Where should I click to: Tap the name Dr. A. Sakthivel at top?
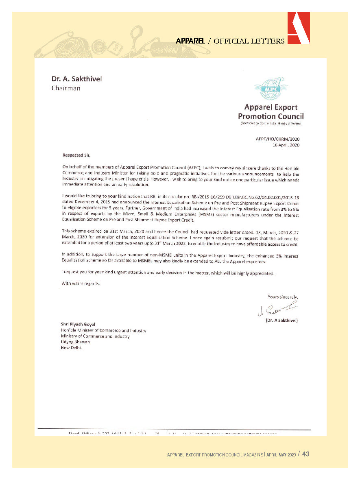click(76, 79)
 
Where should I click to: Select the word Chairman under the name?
click(66, 88)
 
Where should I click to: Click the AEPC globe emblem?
click(271, 88)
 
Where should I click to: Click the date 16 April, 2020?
click(286, 145)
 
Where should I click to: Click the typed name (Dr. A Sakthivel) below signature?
click(279, 320)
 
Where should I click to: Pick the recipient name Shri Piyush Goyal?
click(78, 324)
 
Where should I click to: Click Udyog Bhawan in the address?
click(75, 342)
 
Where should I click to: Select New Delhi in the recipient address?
click(71, 348)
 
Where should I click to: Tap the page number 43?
click(305, 454)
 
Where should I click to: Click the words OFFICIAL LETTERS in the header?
click(249, 41)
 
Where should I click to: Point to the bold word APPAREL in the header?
click(190, 41)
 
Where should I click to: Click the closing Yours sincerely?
click(283, 297)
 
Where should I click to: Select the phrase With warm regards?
click(81, 283)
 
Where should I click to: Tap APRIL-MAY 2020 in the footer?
click(281, 455)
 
